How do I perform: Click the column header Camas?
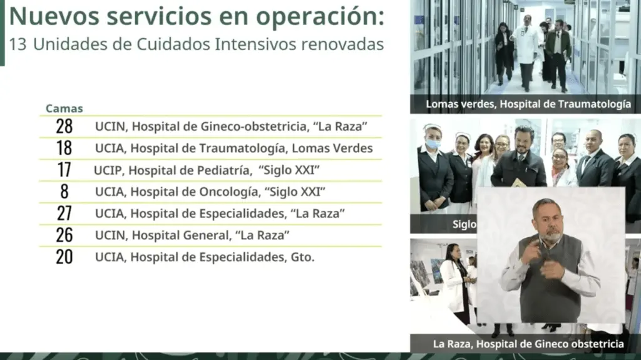[64, 108]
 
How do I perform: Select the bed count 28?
[64, 126]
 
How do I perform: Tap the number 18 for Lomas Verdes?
[64, 148]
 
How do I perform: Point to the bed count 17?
[64, 170]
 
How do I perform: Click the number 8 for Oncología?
[64, 192]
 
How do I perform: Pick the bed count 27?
[64, 213]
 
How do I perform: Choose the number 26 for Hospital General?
[64, 235]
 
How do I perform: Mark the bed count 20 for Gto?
[64, 257]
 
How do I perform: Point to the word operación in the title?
[320, 16]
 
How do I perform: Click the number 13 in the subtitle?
[18, 44]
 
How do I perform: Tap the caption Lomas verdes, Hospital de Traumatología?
[528, 105]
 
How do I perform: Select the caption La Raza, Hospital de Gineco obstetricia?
[528, 344]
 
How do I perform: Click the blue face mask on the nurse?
[433, 143]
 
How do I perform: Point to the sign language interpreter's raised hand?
[531, 251]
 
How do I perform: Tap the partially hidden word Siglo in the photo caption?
[464, 224]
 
